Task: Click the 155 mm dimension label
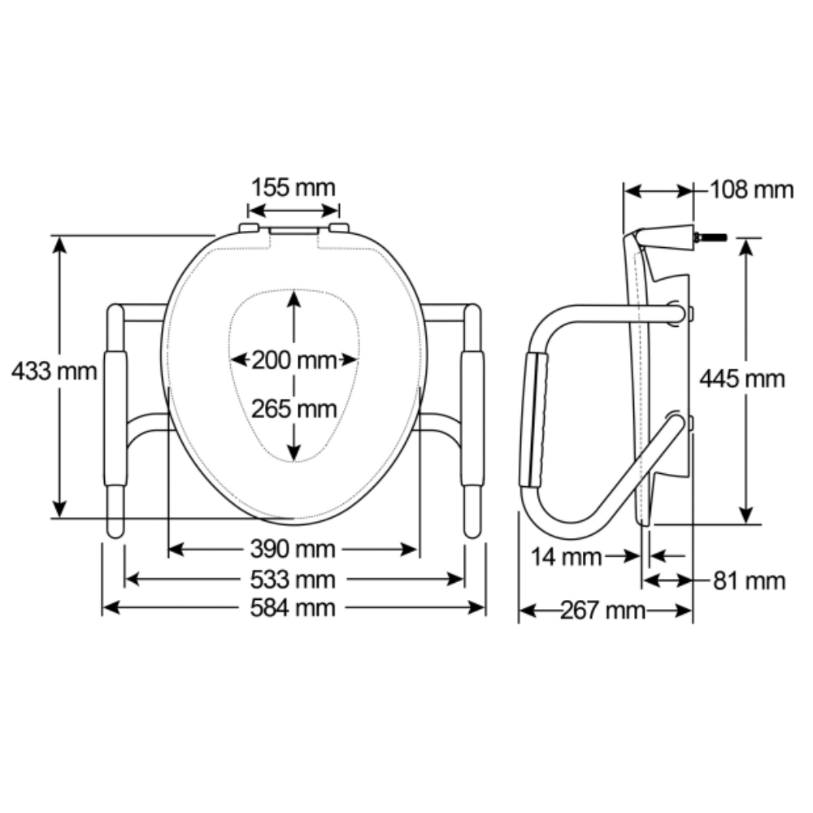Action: click(x=293, y=188)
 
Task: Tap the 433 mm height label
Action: click(x=54, y=372)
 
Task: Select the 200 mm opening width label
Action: click(x=294, y=360)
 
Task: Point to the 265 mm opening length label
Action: click(x=294, y=409)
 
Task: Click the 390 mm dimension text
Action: click(x=293, y=549)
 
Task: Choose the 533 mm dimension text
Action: click(x=293, y=579)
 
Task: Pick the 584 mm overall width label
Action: click(x=293, y=607)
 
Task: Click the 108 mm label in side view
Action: click(x=751, y=189)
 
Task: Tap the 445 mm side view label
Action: click(x=742, y=379)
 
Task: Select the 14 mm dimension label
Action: click(x=566, y=558)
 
